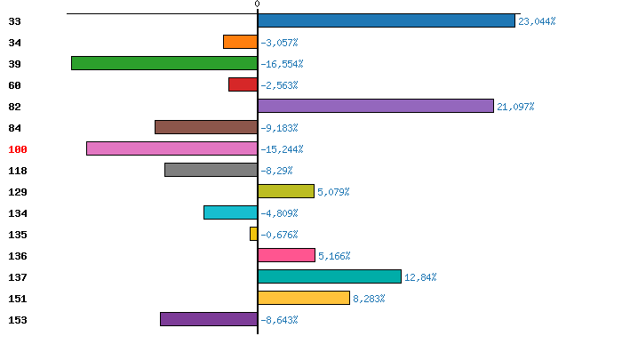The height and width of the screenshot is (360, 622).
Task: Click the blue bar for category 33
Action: [x=387, y=20]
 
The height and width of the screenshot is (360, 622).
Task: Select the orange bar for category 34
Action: [x=240, y=42]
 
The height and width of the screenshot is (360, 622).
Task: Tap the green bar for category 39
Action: [x=164, y=63]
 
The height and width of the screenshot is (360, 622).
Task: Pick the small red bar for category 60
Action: [x=243, y=84]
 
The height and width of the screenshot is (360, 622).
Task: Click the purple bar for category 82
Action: [x=375, y=106]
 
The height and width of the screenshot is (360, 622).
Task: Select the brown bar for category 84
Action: [x=206, y=127]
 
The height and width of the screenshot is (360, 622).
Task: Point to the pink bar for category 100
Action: [x=171, y=148]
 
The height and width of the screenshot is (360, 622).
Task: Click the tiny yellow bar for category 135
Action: [x=254, y=234]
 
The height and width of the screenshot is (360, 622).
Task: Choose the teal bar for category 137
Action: [x=330, y=276]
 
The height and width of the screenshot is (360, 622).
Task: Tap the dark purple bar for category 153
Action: [x=209, y=319]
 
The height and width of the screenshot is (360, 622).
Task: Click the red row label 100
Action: [x=18, y=149]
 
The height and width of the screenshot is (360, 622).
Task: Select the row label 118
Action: [x=18, y=171]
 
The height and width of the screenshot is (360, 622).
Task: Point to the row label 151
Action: [x=18, y=299]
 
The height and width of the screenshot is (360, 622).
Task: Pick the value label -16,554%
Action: [x=282, y=64]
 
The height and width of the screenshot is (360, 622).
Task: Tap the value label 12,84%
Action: [x=420, y=277]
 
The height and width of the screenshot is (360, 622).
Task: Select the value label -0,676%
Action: [x=279, y=235]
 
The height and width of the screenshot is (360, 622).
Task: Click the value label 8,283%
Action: [x=369, y=299]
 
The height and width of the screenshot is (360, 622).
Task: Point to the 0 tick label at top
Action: [x=257, y=4]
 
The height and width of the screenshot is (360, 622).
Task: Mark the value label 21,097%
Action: [x=515, y=107]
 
